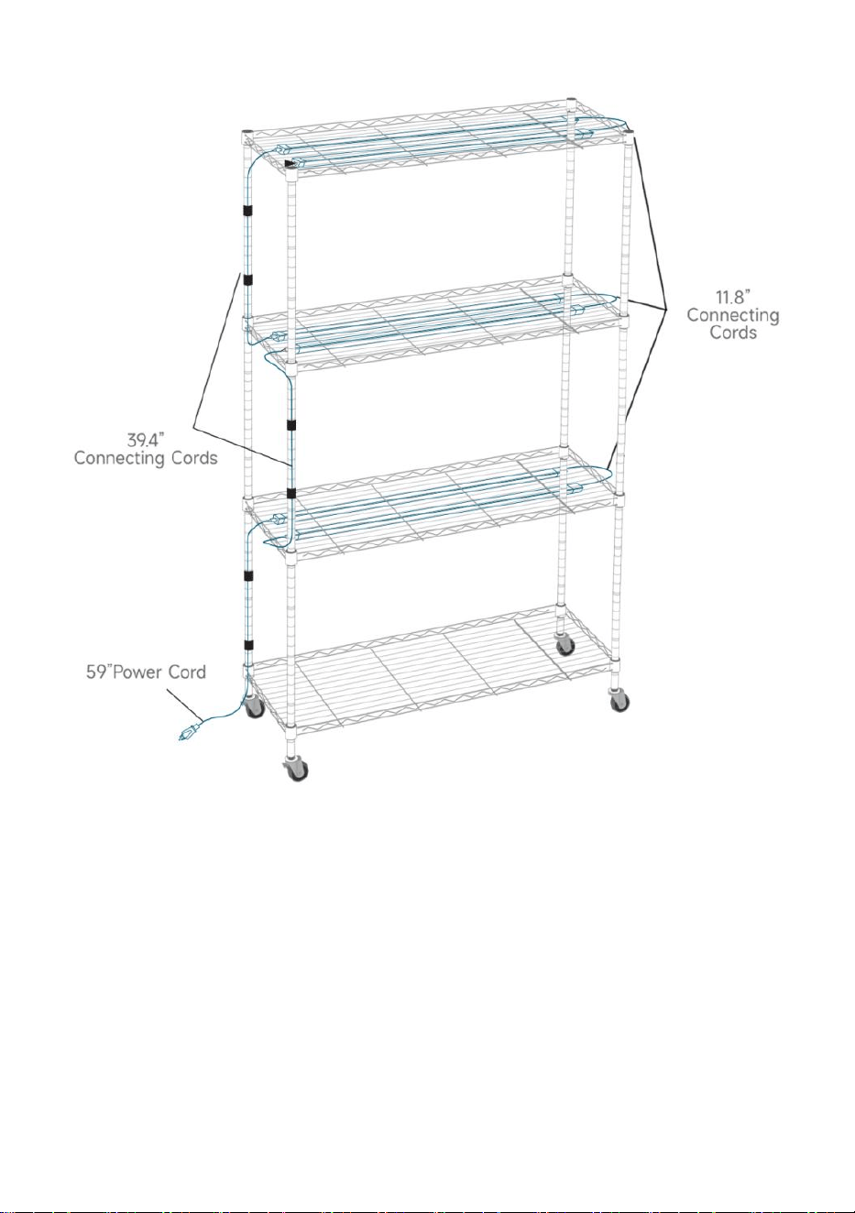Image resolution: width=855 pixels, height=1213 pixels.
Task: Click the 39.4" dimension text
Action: [146, 439]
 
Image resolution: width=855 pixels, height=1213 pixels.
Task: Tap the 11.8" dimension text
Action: [733, 297]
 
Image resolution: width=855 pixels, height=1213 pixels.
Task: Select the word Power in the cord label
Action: [137, 672]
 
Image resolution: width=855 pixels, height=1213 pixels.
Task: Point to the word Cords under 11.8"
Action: [733, 332]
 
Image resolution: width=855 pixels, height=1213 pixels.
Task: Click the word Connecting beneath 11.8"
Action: [733, 315]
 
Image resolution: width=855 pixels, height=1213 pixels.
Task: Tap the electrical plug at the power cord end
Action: [190, 733]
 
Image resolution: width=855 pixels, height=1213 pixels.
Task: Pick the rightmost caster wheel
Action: [619, 701]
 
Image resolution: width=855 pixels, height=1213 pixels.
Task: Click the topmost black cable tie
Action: [248, 210]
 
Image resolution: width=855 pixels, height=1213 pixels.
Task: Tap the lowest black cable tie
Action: [248, 644]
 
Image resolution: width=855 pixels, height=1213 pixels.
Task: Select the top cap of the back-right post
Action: [571, 100]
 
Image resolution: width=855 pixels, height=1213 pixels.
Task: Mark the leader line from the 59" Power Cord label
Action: [184, 705]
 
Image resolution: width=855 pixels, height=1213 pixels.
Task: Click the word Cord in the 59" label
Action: [187, 672]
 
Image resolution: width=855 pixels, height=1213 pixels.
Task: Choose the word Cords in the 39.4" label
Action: [194, 458]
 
